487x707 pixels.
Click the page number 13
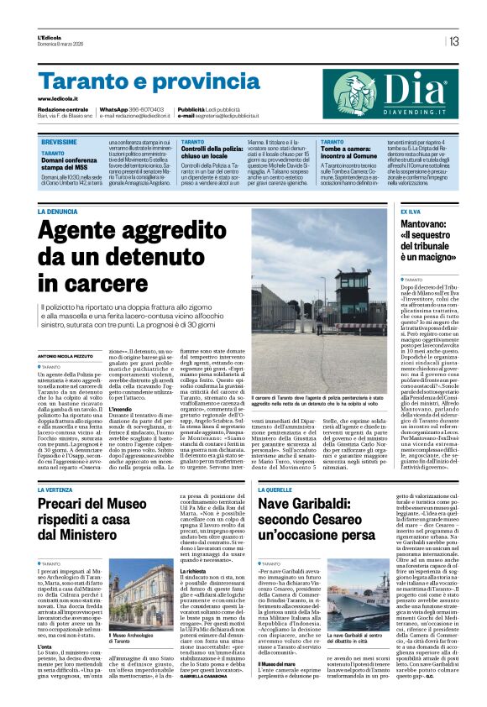click(453, 41)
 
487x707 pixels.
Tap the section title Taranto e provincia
click(134, 82)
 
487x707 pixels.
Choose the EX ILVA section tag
click(411, 212)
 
